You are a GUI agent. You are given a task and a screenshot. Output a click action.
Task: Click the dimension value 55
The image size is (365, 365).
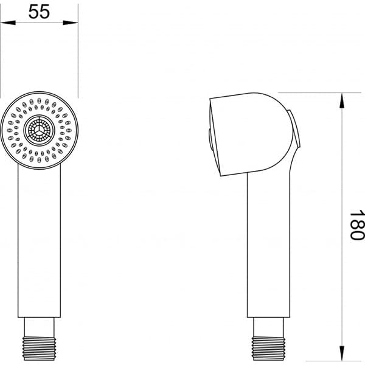pyautogui.click(x=40, y=12)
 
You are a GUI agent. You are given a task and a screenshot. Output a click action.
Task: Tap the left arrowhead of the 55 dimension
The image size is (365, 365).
pyautogui.click(x=5, y=23)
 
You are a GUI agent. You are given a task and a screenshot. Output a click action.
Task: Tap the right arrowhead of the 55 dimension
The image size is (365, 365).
pyautogui.click(x=74, y=23)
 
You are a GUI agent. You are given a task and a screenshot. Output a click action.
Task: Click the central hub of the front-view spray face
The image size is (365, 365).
pyautogui.click(x=40, y=130)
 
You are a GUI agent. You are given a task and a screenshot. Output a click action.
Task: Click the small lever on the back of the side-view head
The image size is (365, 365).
pyautogui.click(x=296, y=131)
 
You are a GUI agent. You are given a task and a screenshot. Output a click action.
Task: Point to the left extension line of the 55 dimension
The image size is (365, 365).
pyautogui.click(x=1, y=55)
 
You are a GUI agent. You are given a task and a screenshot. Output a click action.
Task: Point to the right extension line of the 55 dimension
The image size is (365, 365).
pyautogui.click(x=78, y=55)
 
